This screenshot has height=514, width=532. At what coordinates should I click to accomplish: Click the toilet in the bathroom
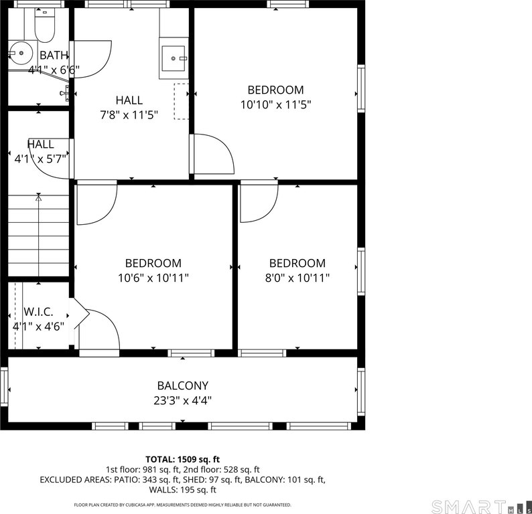point(44,25)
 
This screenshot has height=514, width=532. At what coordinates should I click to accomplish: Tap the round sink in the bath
point(20,53)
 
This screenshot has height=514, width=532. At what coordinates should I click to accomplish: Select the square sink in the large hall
point(174,58)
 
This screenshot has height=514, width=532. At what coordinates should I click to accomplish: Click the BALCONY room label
point(182,385)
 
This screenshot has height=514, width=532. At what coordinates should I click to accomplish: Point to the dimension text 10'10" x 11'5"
point(275,104)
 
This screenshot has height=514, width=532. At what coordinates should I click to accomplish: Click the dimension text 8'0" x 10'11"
point(297,278)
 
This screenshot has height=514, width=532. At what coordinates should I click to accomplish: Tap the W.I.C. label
point(38,312)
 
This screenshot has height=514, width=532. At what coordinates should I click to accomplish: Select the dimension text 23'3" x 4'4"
point(182,401)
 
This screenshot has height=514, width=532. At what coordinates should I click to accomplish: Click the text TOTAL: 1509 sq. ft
point(182,459)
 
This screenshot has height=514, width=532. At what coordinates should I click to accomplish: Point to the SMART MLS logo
point(481,507)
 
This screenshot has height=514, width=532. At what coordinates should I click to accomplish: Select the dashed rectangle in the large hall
point(181,101)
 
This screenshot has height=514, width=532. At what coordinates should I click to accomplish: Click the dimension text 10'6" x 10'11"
point(153,278)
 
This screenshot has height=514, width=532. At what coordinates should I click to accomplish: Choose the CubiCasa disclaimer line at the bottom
point(182,505)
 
